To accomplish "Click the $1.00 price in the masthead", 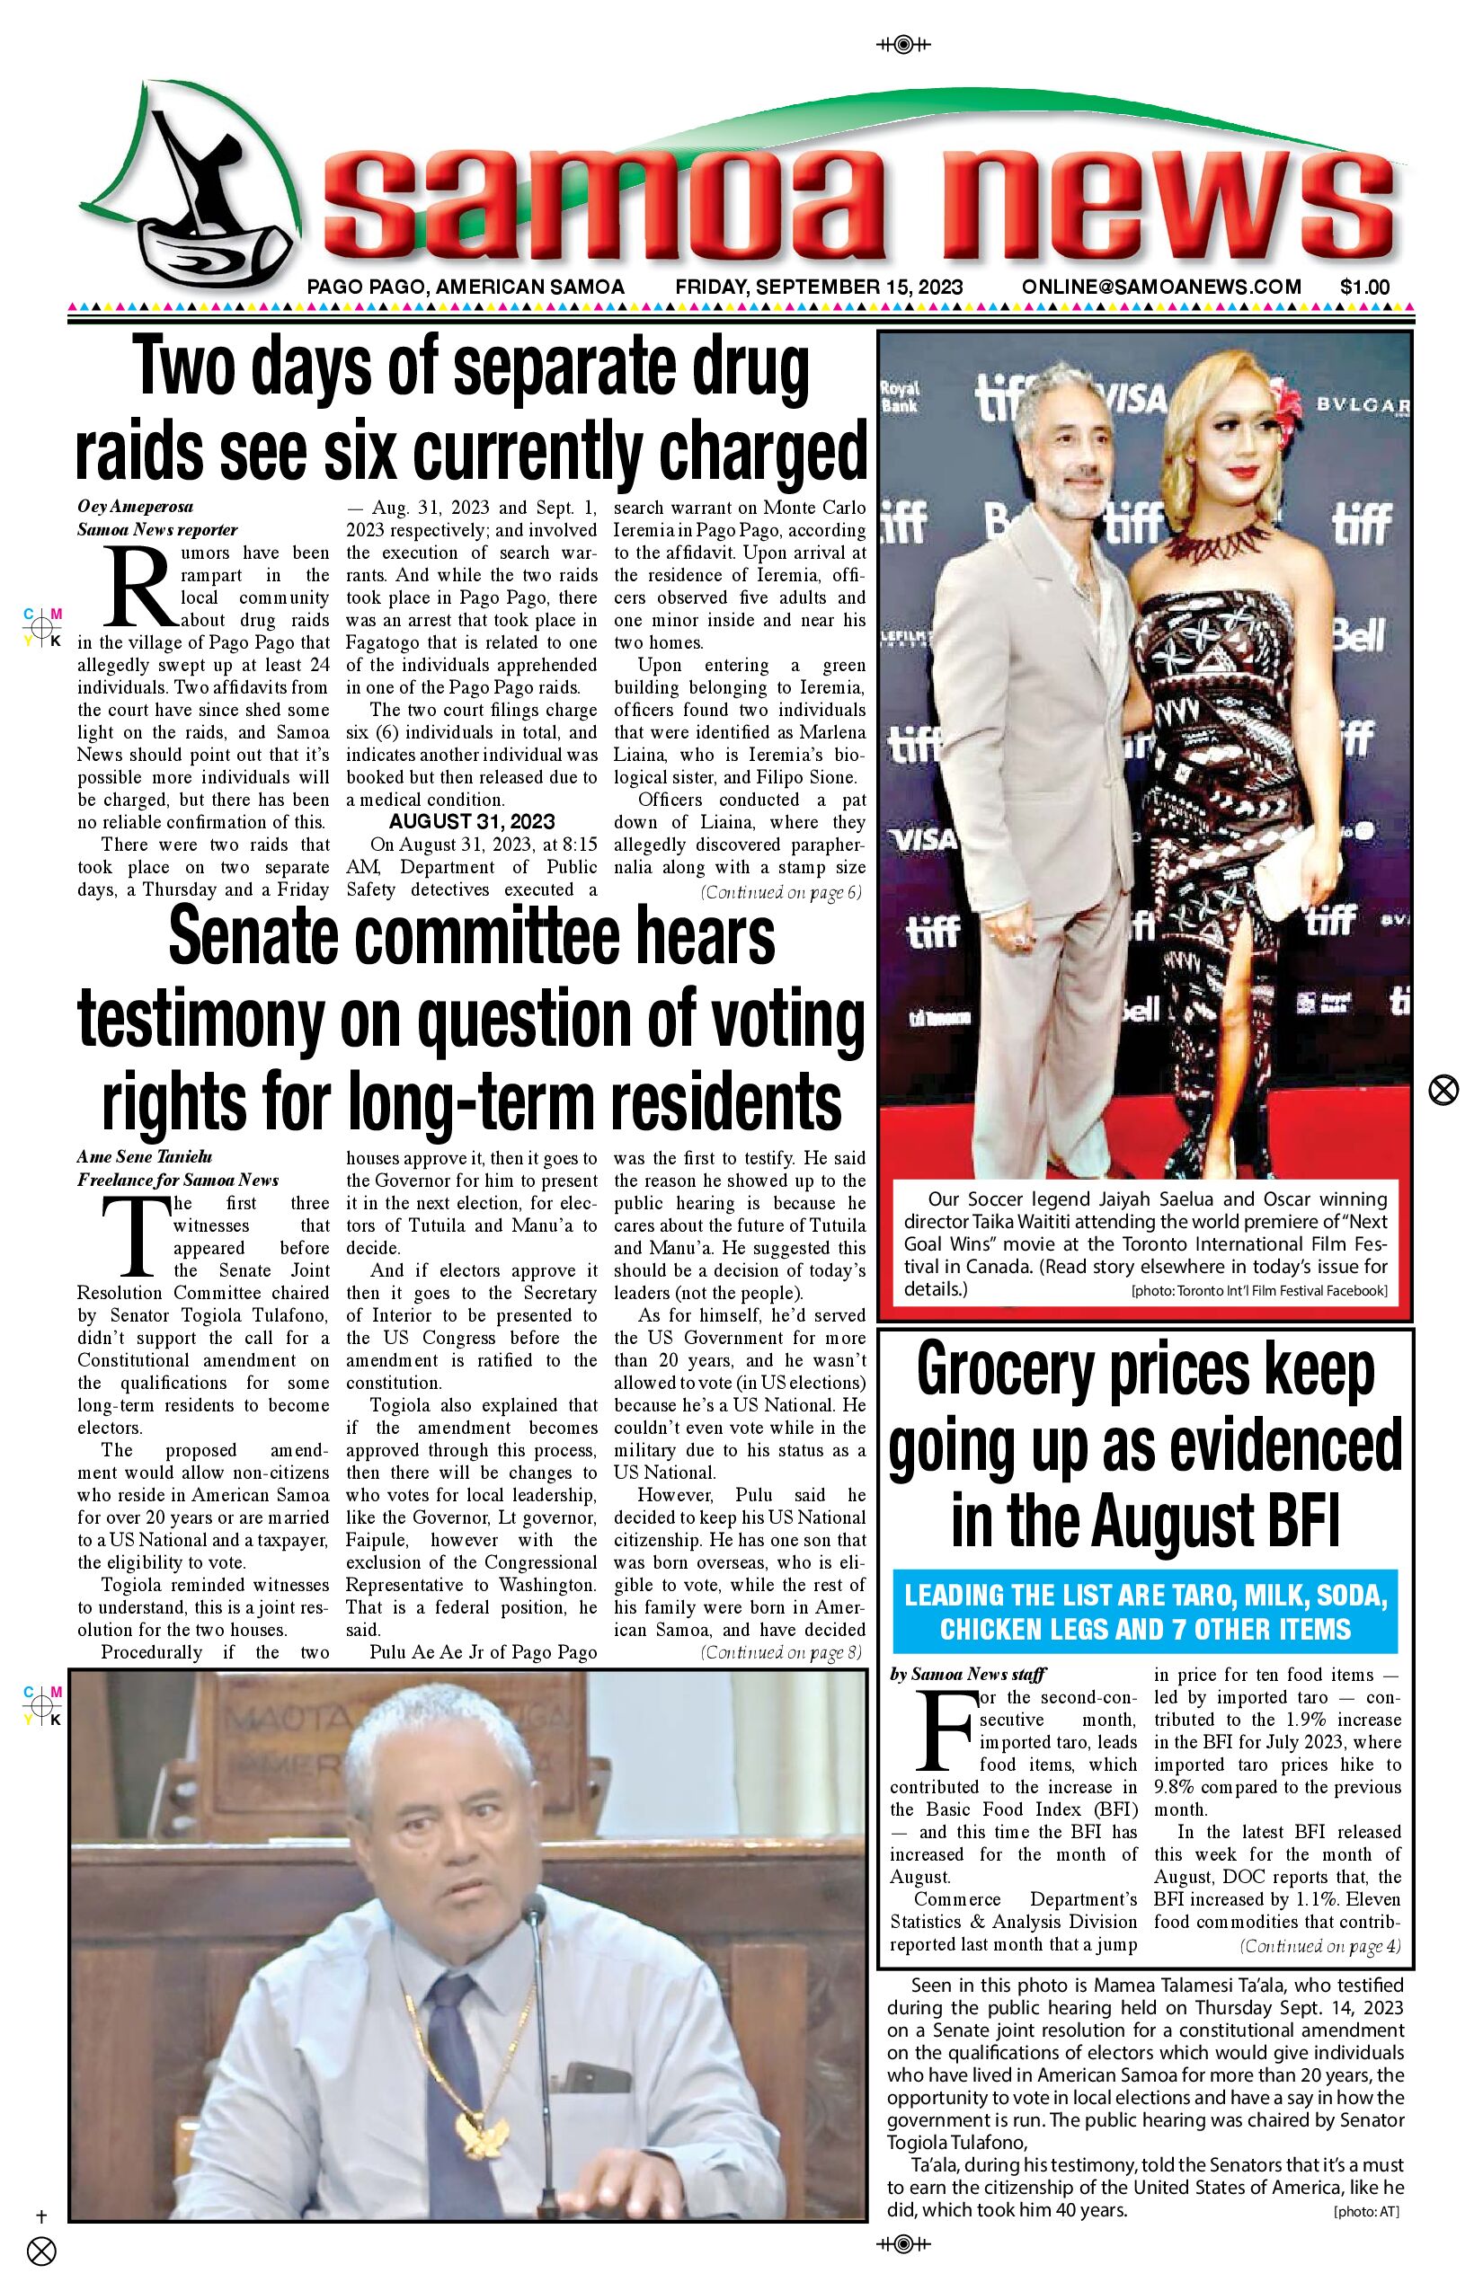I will coord(1363,287).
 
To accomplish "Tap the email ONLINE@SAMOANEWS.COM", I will coord(1161,287).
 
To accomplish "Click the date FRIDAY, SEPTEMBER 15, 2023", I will coord(819,287).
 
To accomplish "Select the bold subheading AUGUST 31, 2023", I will coord(472,821).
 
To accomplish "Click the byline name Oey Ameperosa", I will coord(135,507).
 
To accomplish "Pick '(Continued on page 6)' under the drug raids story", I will coord(781,891).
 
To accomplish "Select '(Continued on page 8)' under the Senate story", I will coord(781,1652).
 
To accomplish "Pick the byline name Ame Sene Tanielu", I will coord(145,1157).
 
